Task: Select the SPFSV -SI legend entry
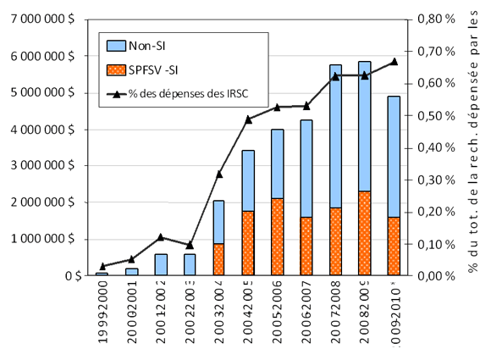click(x=157, y=68)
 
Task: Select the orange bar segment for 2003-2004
click(x=218, y=259)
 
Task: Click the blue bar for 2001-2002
click(x=160, y=264)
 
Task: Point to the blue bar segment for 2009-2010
click(x=394, y=157)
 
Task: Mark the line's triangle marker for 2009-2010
click(x=394, y=61)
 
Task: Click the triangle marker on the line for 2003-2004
click(x=218, y=174)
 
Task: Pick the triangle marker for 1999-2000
click(x=102, y=266)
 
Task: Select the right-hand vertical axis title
click(x=472, y=144)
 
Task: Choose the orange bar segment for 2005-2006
click(x=278, y=237)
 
